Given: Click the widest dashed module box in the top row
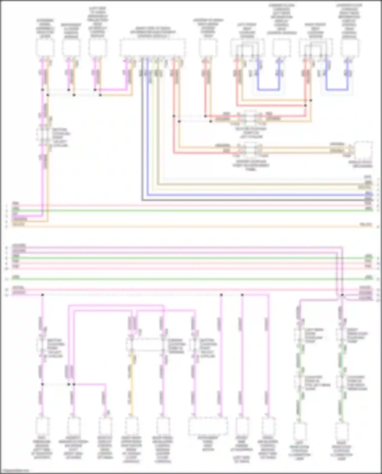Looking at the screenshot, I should (x=153, y=48).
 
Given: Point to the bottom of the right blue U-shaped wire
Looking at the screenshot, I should (x=337, y=90).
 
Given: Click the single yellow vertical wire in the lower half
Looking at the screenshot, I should (x=131, y=382).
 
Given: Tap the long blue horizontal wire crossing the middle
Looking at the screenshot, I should (x=255, y=195).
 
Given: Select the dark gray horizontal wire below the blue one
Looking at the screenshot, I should (x=255, y=200).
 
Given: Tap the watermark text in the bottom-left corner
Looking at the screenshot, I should (x=15, y=471).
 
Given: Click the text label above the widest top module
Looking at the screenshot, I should (x=153, y=32).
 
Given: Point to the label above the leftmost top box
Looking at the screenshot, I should (x=45, y=28).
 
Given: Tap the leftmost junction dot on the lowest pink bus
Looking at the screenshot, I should (x=43, y=295).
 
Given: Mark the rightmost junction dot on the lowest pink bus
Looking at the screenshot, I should (x=342, y=295).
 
